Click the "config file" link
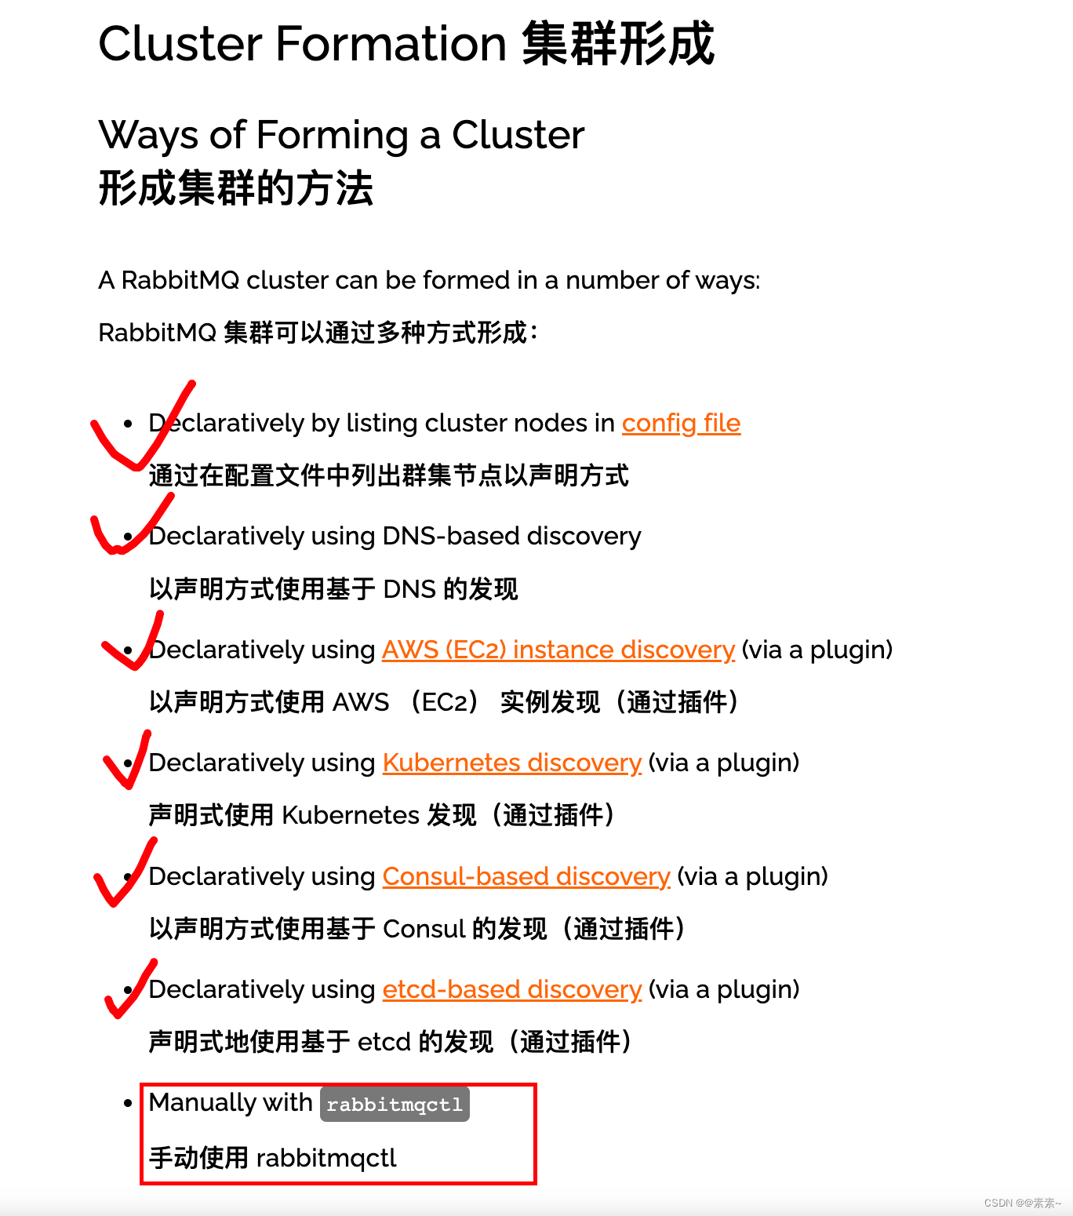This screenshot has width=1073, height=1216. pos(681,424)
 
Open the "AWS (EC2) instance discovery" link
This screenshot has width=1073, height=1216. pos(558,650)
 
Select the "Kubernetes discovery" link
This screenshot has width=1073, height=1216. pos(511,763)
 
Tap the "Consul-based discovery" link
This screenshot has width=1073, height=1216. pos(526,877)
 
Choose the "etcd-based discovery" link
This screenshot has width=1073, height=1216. pos(511,990)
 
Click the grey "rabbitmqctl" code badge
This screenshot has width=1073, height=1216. pos(395,1105)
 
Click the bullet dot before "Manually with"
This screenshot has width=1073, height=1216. pos(129,1104)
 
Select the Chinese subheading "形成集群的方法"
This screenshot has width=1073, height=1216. pos(235,189)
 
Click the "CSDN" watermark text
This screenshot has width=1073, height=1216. pos(998,1203)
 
